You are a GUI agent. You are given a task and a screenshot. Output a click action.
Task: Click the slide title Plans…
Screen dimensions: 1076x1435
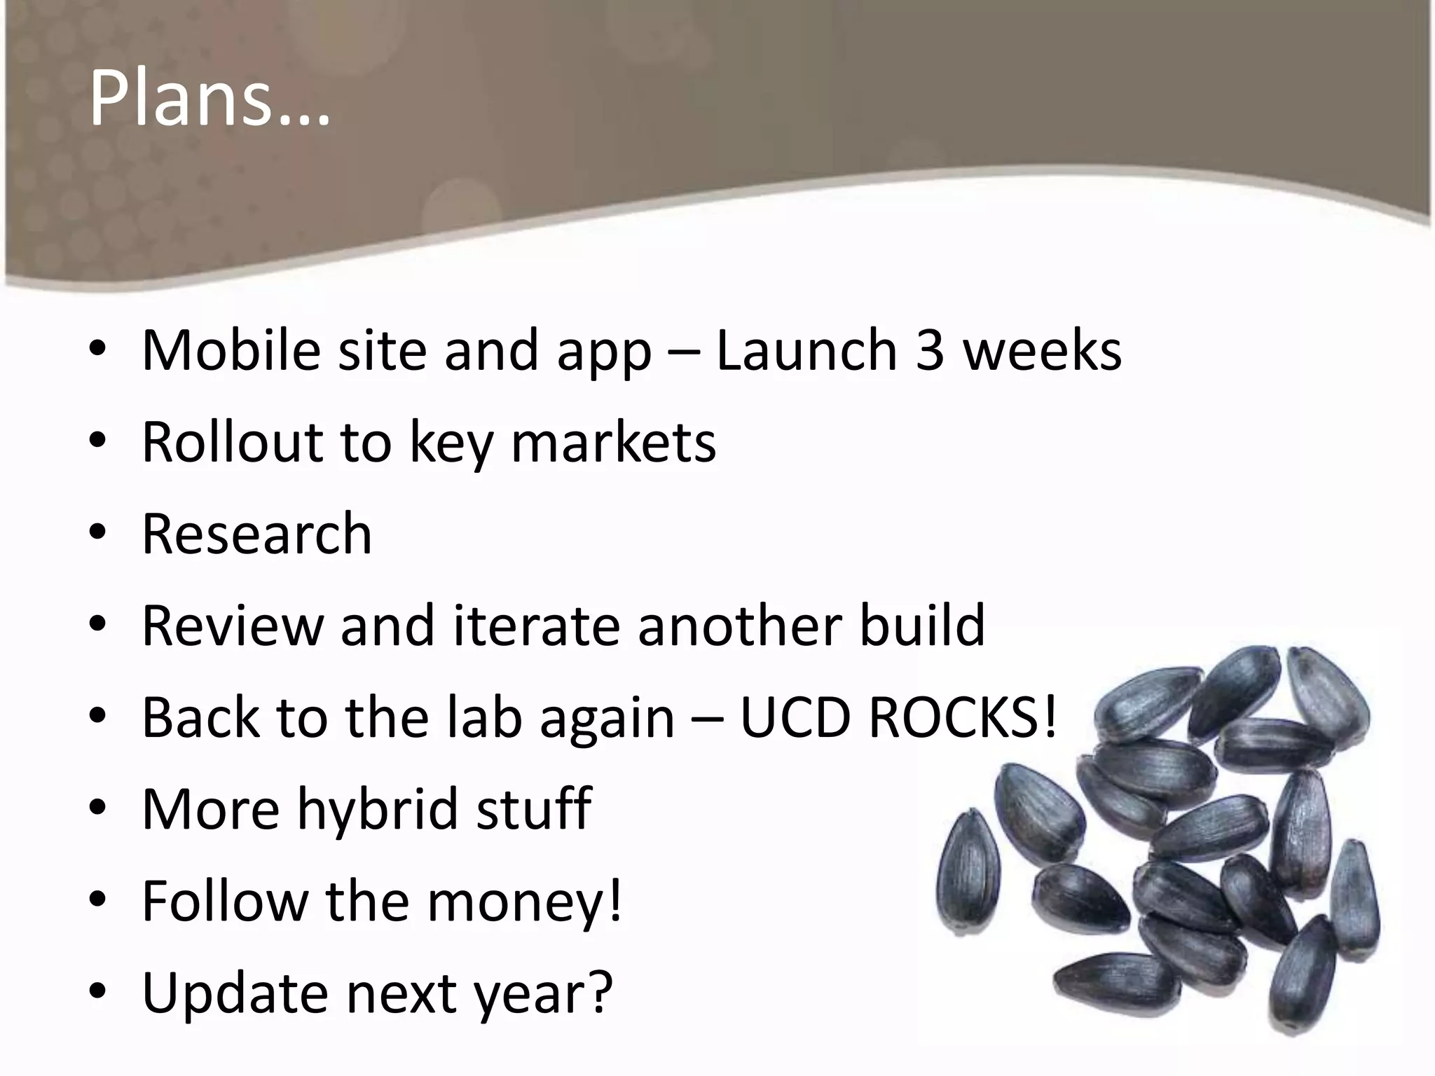click(209, 99)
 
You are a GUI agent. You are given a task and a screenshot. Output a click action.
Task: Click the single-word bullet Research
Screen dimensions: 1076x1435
click(256, 534)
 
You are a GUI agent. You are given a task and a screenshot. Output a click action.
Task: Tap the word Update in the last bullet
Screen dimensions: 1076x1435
click(235, 993)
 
